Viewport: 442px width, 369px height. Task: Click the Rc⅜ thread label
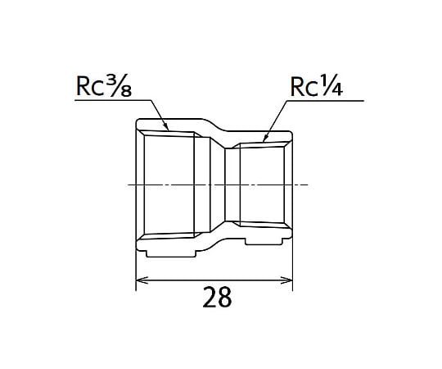pyautogui.click(x=104, y=85)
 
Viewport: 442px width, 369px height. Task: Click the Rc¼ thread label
pyautogui.click(x=316, y=86)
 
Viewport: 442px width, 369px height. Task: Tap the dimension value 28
pyautogui.click(x=217, y=297)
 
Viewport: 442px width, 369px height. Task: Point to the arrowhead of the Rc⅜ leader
pyautogui.click(x=166, y=127)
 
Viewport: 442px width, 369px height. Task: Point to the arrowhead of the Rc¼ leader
pyautogui.click(x=265, y=138)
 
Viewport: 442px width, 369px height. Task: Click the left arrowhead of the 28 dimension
pyautogui.click(x=142, y=280)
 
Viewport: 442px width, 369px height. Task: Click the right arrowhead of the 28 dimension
pyautogui.click(x=286, y=280)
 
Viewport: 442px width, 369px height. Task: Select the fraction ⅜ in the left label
pyautogui.click(x=120, y=85)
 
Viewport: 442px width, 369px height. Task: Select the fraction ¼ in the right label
pyautogui.click(x=331, y=86)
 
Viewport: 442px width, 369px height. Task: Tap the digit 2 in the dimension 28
pyautogui.click(x=210, y=297)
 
